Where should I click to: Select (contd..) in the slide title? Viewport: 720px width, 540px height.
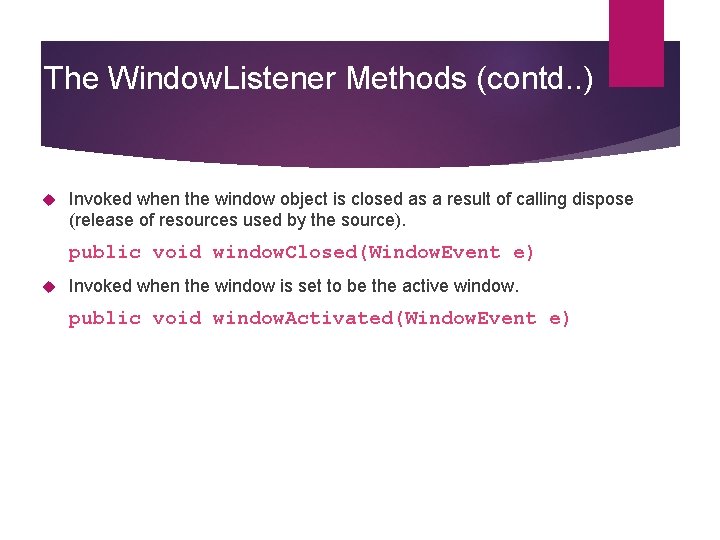(x=535, y=78)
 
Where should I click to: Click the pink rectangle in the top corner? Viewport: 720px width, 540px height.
(x=636, y=42)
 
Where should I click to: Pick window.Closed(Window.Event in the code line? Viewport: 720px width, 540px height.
(x=356, y=252)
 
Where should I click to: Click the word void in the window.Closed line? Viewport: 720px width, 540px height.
(x=176, y=252)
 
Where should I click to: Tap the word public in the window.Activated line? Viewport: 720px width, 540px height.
(x=104, y=318)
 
